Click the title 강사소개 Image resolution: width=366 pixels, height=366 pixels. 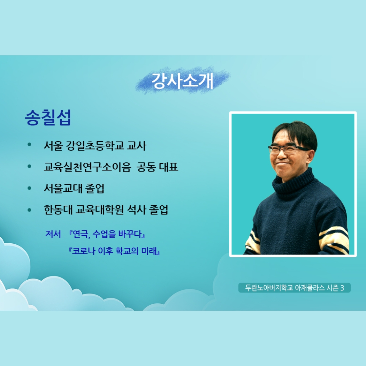pyautogui.click(x=182, y=81)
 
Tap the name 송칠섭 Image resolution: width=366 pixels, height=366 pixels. pyautogui.click(x=48, y=117)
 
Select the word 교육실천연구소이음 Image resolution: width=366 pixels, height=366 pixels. pyautogui.click(x=87, y=167)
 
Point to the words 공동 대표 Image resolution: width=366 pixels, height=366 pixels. pyautogui.click(x=158, y=167)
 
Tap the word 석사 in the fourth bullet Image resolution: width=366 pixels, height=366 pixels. pyautogui.click(x=137, y=210)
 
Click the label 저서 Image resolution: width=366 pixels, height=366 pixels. pyautogui.click(x=53, y=234)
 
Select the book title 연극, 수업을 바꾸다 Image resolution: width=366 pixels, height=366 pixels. pyautogui.click(x=107, y=234)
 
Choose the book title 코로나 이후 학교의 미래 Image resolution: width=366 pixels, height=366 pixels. pyautogui.click(x=115, y=251)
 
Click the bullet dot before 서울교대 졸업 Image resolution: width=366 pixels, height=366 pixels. pyautogui.click(x=29, y=188)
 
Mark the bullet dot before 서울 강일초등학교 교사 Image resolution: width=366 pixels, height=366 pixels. pyautogui.click(x=29, y=144)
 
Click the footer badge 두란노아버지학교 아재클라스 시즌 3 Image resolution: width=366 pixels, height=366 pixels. pyautogui.click(x=294, y=288)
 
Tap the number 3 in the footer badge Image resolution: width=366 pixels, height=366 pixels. pyautogui.click(x=342, y=288)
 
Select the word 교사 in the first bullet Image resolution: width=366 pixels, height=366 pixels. pyautogui.click(x=137, y=146)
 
